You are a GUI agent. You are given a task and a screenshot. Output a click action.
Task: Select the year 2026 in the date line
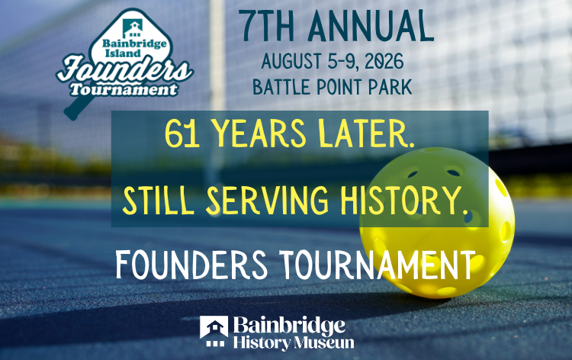point(383,60)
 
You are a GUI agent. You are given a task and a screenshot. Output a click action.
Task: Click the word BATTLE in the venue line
point(284,86)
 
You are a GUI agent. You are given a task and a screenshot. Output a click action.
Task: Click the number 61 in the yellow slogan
point(176,137)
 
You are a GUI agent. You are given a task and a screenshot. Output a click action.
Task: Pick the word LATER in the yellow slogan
point(371,137)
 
